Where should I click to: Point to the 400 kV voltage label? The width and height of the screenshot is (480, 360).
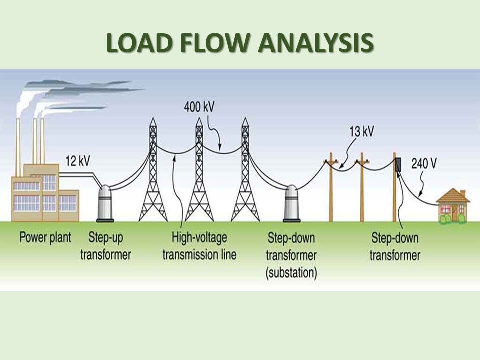[198, 107]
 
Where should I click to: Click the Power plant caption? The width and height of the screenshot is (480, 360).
[45, 237]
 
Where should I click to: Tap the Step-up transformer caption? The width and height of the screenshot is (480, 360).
[110, 245]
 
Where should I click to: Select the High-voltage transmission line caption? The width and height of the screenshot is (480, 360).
[199, 245]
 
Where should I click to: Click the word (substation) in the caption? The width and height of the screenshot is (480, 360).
[292, 272]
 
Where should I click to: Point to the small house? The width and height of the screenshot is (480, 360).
[452, 207]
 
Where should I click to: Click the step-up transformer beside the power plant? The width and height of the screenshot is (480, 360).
[105, 203]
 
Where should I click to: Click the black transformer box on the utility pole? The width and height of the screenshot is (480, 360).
[399, 165]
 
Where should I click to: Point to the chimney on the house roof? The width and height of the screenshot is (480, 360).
[463, 193]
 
